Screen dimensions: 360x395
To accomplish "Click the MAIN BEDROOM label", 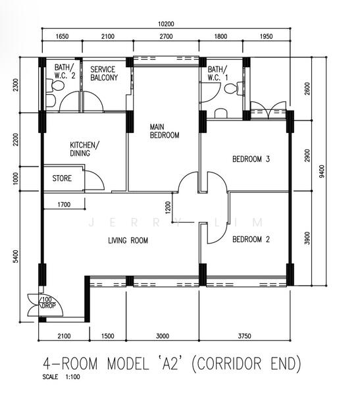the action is click(165, 131).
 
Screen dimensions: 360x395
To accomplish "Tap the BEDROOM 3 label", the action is click(251, 159).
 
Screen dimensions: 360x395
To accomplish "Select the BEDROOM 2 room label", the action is click(251, 239).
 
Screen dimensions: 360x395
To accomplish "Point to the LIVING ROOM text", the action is click(128, 240).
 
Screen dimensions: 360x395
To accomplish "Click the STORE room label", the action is click(62, 178).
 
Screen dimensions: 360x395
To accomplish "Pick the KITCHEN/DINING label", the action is click(84, 149).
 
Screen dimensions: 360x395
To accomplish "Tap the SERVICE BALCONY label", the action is click(104, 73).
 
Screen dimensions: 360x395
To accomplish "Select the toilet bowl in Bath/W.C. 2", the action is click(55, 86).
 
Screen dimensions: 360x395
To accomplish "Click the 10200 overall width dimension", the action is click(166, 24).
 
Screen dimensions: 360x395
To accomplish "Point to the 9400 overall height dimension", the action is click(322, 171).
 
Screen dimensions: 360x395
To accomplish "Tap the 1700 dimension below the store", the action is click(64, 205).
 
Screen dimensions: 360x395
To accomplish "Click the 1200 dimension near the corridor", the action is click(168, 207).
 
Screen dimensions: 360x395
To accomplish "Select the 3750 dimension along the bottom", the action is click(244, 336).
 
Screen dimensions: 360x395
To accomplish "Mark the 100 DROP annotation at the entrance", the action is click(47, 303).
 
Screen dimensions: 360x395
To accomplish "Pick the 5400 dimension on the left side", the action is click(16, 256).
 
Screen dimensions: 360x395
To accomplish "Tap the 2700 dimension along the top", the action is click(166, 36).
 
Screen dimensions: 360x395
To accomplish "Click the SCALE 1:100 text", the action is click(61, 377).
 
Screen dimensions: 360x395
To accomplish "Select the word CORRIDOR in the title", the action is click(228, 364).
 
